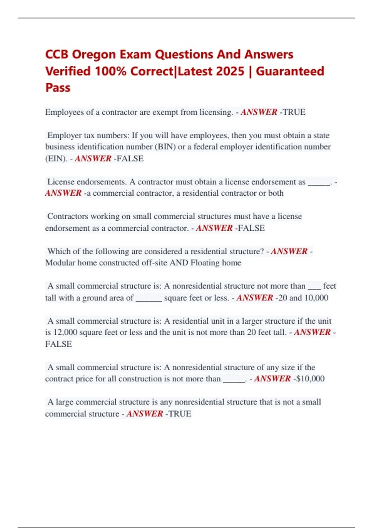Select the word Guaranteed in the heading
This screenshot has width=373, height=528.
tap(290, 71)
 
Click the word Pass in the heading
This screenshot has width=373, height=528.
tap(58, 88)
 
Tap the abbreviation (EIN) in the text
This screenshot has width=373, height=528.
tap(56, 158)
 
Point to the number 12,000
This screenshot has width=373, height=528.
tap(65, 332)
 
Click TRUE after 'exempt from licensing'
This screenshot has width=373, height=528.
tap(294, 112)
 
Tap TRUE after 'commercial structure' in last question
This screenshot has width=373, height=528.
tap(180, 414)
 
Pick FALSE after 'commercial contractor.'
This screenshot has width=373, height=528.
tap(251, 228)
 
